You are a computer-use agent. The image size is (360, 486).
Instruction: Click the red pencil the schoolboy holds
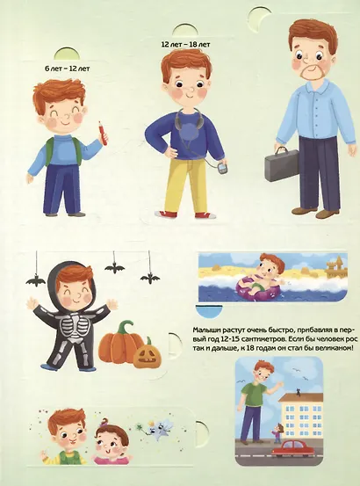[103, 133]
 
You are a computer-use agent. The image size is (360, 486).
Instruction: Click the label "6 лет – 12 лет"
[68, 69]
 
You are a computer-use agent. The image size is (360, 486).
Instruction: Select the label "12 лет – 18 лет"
[185, 45]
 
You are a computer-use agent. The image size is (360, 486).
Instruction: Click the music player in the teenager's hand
[221, 169]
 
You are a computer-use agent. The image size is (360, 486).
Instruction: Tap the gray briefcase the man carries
[281, 164]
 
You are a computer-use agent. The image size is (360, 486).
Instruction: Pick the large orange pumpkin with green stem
[120, 343]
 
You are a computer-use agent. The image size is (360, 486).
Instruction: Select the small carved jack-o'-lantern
[147, 356]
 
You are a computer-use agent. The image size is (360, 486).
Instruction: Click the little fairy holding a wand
[158, 428]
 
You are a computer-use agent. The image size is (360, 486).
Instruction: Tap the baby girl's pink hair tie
[104, 422]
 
